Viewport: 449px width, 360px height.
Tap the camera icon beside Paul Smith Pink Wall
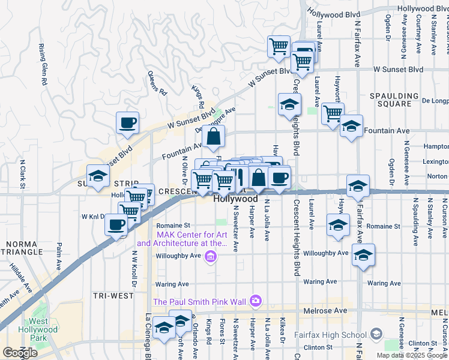click(x=256, y=300)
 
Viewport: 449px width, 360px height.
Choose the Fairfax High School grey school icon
click(x=376, y=334)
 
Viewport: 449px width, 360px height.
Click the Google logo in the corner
click(x=20, y=353)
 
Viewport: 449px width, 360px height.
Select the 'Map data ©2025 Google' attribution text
click(x=412, y=355)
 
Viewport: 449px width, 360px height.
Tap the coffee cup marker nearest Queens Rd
click(x=127, y=123)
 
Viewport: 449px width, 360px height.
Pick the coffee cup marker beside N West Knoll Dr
click(x=116, y=225)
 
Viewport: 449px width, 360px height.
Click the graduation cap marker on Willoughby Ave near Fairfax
click(x=363, y=256)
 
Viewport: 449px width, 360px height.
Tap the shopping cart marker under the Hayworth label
click(x=332, y=112)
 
